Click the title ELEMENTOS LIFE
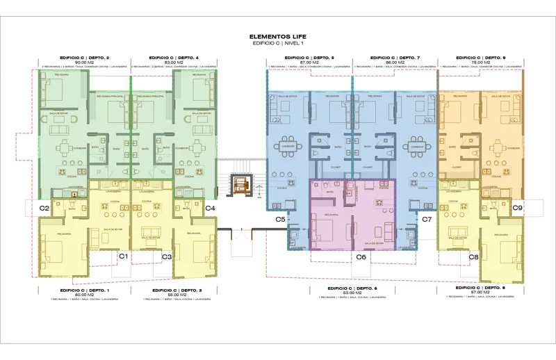pos(277,36)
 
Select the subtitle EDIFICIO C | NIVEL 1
pos(277,43)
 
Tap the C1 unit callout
pos(123,256)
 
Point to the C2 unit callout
pos(44,208)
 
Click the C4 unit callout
pos(210,208)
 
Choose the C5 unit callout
pos(281,220)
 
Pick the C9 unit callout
pos(517,208)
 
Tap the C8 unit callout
pos(473,257)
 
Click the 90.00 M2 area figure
pos(84,63)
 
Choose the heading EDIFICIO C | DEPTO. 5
pos(310,58)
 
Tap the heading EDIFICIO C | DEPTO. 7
pos(395,58)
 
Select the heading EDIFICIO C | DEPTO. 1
pos(84,289)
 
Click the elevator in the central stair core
pos(241,186)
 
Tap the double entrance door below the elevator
pos(241,234)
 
